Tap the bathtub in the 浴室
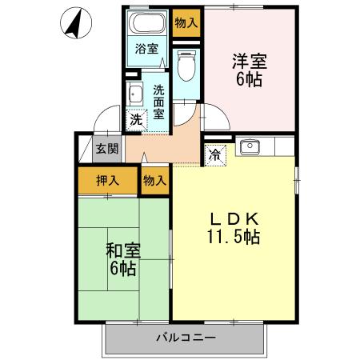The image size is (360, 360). click(x=146, y=22)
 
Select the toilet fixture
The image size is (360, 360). click(x=186, y=64)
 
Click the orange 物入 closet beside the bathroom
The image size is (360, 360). click(x=186, y=22)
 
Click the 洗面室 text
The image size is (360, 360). click(x=158, y=102)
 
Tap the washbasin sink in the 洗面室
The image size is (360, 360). click(x=134, y=94)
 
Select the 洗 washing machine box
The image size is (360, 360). click(x=136, y=119)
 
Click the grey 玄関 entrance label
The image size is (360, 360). click(x=107, y=148)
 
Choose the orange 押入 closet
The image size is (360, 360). click(x=108, y=180)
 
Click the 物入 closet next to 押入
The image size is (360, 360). click(x=154, y=180)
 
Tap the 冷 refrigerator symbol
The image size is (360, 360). click(x=215, y=155)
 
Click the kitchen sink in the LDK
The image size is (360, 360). click(x=250, y=147)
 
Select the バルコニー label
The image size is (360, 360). click(x=186, y=338)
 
